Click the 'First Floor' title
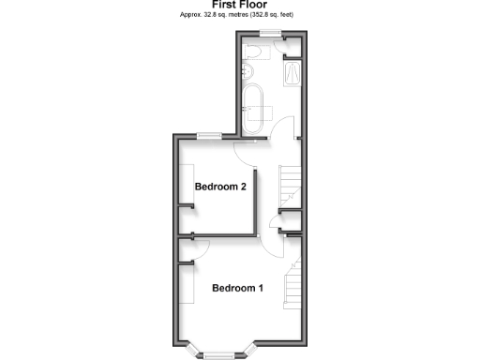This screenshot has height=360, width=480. (x=239, y=5)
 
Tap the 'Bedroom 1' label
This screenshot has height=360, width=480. (x=236, y=288)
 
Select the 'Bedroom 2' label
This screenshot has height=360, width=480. (x=220, y=187)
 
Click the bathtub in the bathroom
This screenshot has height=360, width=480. (x=252, y=104)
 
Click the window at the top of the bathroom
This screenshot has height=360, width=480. (x=271, y=34)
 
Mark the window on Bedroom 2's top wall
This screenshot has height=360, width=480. (x=209, y=136)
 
